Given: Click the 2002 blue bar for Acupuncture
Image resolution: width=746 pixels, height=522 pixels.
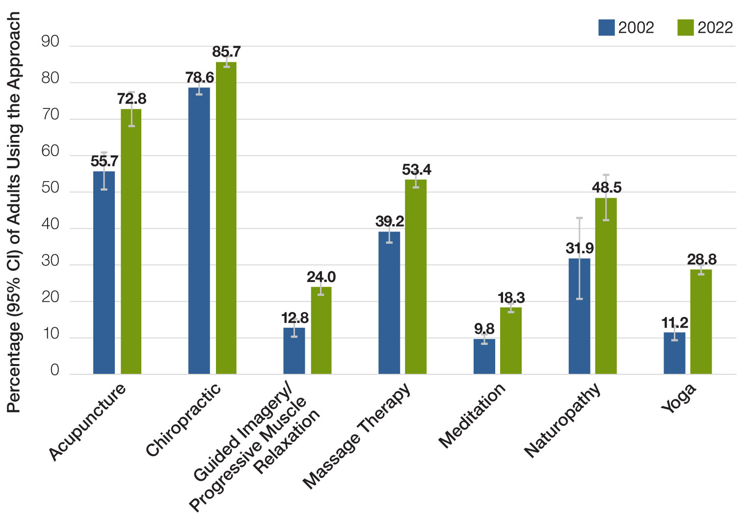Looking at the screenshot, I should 104,275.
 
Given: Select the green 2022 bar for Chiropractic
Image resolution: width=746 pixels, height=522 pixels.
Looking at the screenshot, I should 226,221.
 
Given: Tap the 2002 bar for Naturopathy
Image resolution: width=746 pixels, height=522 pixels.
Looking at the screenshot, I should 579,319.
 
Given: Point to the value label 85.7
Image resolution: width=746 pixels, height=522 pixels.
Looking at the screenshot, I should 226,52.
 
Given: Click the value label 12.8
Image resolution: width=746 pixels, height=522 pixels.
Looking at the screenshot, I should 295,318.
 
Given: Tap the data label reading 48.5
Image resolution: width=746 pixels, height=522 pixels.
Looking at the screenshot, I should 607,187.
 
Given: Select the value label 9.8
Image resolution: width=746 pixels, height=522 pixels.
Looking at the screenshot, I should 484,329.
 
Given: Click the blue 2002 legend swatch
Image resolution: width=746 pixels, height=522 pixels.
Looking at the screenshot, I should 607,27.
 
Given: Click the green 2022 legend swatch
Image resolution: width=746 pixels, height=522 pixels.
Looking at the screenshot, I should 686,27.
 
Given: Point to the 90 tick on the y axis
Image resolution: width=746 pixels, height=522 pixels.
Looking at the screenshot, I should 50,42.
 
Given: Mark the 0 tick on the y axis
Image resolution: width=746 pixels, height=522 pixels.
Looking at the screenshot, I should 54,370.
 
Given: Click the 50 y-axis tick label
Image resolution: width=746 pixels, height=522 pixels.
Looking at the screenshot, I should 50,188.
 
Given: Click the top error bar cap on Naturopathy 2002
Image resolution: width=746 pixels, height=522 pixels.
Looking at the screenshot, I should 579,218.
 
